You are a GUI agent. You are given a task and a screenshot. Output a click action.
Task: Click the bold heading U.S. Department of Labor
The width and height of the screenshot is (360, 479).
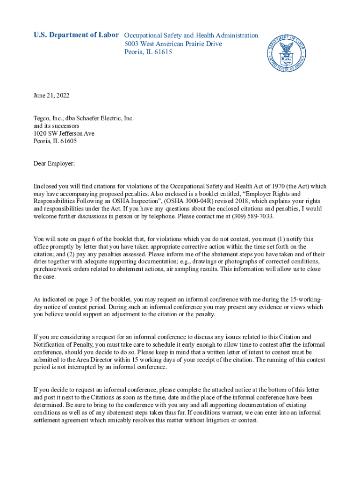click(76, 36)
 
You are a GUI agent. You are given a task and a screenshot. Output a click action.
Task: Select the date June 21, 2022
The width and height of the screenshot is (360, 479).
click(51, 96)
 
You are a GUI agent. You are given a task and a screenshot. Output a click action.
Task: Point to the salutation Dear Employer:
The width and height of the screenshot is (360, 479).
click(54, 164)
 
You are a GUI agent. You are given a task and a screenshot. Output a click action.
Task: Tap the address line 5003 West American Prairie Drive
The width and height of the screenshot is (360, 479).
click(173, 44)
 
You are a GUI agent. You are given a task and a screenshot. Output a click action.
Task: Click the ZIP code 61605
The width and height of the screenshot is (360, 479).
click(67, 141)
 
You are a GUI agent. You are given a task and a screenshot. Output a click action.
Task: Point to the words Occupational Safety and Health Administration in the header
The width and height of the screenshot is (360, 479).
click(191, 36)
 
